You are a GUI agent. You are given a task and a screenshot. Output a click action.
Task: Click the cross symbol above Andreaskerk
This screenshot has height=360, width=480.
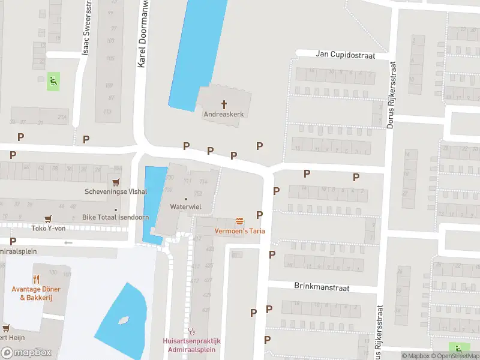225,104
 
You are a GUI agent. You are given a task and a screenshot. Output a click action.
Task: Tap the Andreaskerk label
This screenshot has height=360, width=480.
225,113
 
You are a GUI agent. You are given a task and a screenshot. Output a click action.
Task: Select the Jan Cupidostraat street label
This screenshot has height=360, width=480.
345,55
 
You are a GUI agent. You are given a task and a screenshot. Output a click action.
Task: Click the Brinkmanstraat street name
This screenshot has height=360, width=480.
322,287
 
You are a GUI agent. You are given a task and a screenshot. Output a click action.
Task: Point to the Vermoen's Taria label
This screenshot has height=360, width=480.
240,231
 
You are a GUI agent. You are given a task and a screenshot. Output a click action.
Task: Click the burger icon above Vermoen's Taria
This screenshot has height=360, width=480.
240,221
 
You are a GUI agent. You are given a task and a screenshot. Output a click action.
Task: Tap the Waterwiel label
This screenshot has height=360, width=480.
185,206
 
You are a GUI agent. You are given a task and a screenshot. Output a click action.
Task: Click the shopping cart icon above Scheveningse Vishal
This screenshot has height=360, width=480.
115,182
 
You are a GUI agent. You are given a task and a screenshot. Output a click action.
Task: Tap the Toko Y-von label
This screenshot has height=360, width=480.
47,228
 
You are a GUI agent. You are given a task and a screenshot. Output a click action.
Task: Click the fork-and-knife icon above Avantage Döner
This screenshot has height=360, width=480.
35,278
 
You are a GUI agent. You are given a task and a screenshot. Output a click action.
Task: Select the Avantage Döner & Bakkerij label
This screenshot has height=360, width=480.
35,293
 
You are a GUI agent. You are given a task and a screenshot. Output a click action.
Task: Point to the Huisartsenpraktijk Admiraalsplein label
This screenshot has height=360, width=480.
192,345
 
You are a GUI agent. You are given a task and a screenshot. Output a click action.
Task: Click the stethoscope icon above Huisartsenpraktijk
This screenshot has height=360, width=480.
192,331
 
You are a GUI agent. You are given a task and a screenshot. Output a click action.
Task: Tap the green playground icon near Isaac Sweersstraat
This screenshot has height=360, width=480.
53,82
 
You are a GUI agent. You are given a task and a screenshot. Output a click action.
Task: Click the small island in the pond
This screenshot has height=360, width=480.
124,320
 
